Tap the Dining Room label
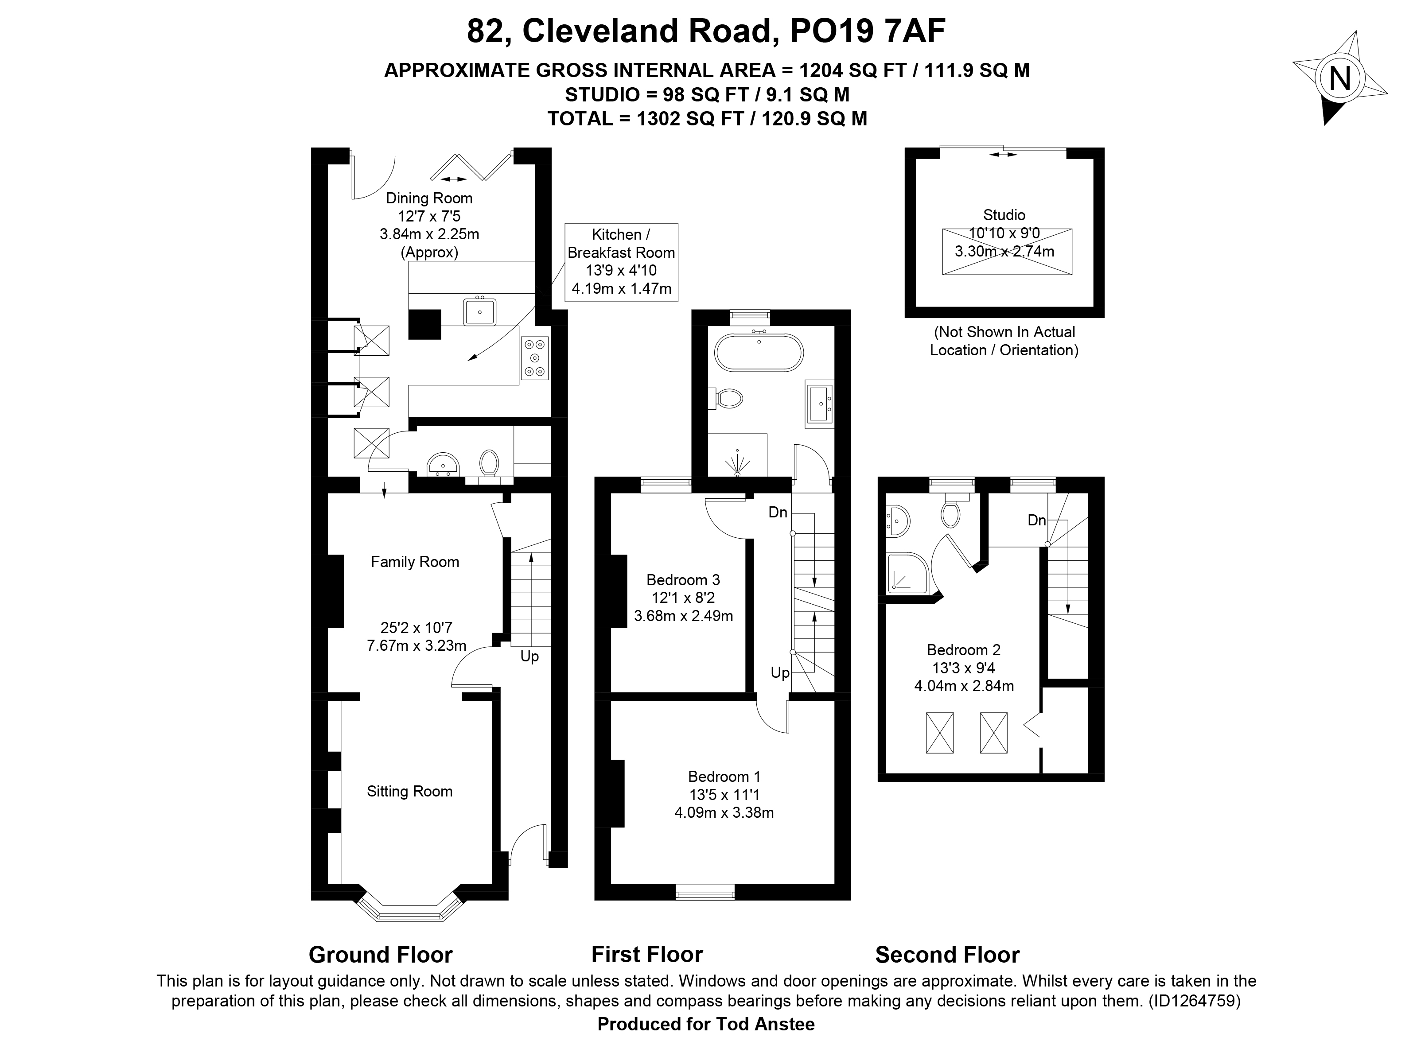coord(429,198)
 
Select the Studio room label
coord(1004,215)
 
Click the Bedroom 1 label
coord(724,777)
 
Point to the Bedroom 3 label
coord(683,580)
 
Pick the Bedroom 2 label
coord(964,650)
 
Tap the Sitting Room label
coord(410,792)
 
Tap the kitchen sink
coord(479,311)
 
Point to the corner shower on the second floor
coord(908,574)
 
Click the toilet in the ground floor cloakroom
coord(489,464)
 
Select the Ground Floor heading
coord(381,955)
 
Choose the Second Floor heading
coord(947,955)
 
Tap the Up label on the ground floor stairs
coord(529,656)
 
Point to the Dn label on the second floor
coord(1037,520)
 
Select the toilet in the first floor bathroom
coord(729,398)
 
